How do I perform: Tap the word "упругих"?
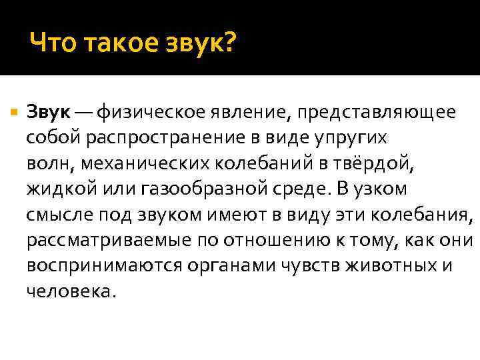[365, 137]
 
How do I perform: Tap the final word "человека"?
[69, 291]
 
